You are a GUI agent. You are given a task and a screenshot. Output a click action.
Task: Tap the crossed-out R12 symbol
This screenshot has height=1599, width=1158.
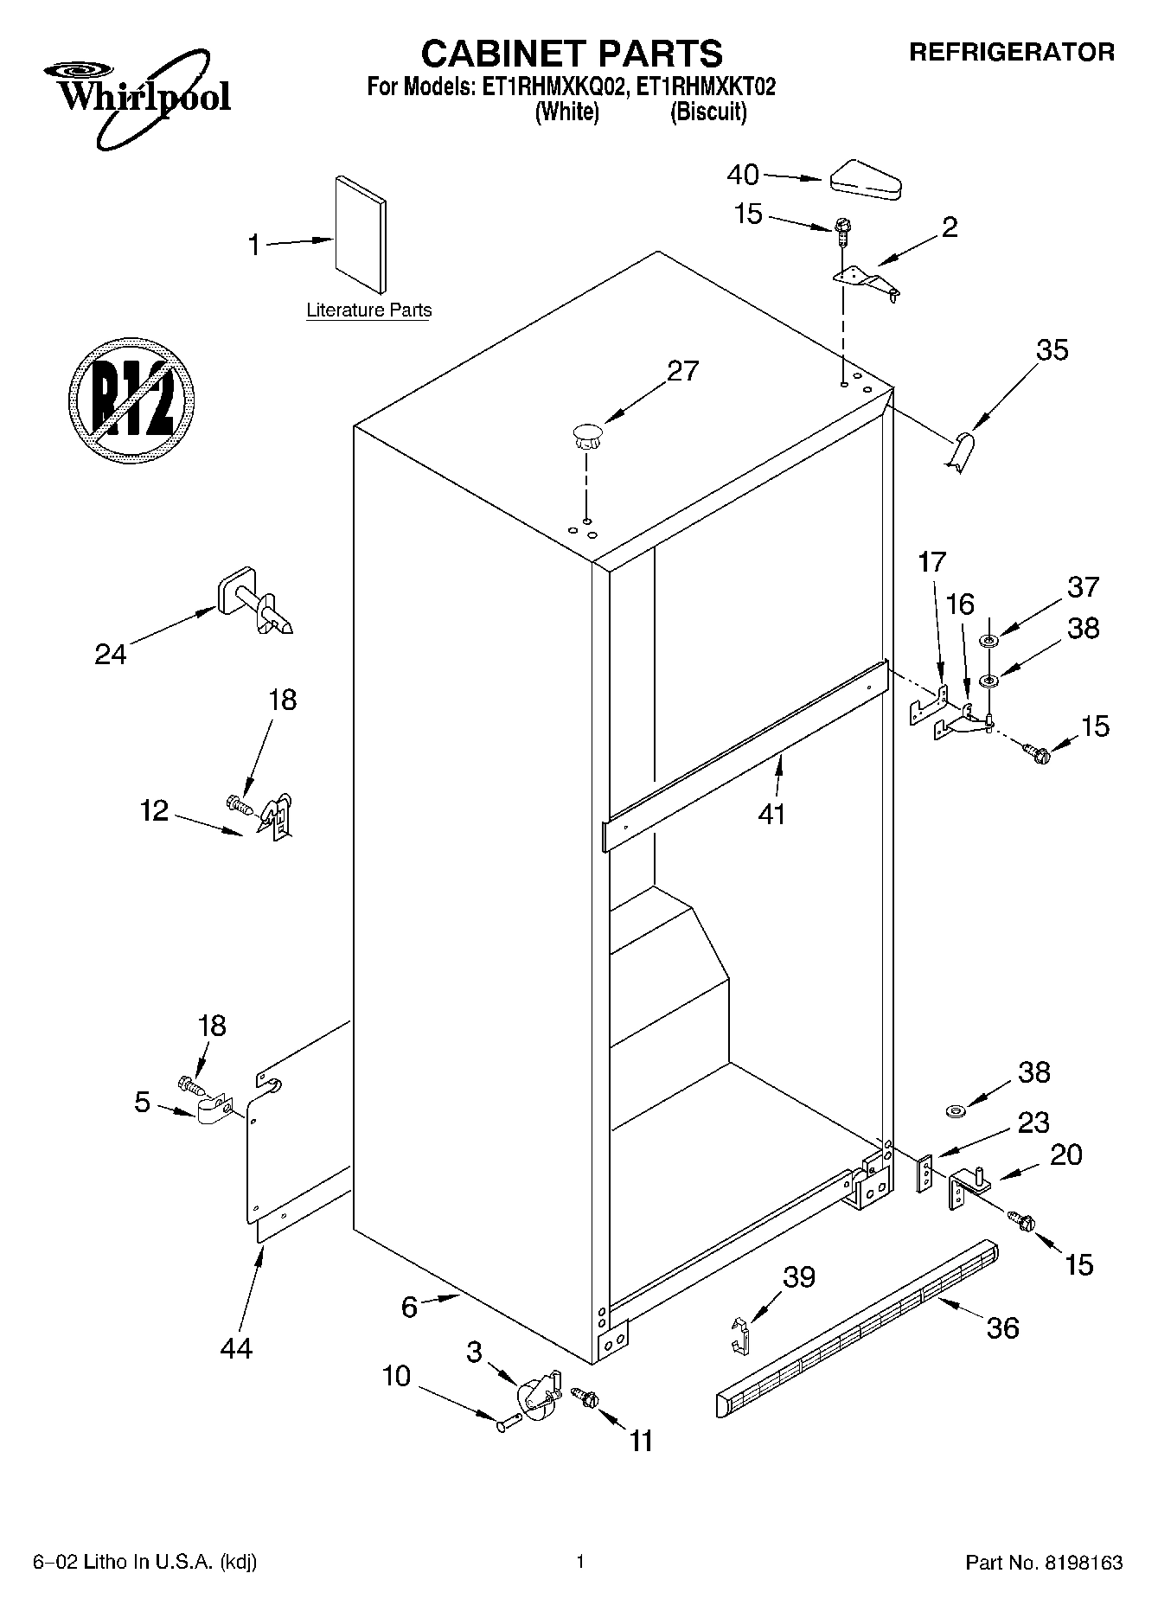point(131,397)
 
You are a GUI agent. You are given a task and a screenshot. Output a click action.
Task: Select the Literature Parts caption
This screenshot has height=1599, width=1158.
point(369,310)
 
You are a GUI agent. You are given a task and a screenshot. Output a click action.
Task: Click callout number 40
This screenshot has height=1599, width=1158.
point(742,175)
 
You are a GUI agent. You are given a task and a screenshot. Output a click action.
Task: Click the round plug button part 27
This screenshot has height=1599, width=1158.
point(586,435)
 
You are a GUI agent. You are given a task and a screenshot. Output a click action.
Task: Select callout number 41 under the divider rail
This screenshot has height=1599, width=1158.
point(771,813)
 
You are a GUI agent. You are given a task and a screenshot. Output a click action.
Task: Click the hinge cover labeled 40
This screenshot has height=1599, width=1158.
point(865,181)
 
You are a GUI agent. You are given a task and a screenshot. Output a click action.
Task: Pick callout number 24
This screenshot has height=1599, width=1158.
point(111,655)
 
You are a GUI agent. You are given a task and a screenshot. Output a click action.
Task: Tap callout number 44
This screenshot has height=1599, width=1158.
point(235,1347)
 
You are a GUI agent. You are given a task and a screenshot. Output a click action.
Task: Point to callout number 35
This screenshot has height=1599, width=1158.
point(1052,350)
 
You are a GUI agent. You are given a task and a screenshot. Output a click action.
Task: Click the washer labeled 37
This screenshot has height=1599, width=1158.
point(988,641)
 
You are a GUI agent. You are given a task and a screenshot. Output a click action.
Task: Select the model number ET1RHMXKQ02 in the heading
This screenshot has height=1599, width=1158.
point(548,86)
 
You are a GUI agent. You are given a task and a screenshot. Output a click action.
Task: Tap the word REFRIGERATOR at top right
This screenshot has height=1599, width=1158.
point(1011,52)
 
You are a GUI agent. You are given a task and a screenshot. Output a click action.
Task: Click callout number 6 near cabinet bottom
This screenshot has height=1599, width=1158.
point(409,1306)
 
